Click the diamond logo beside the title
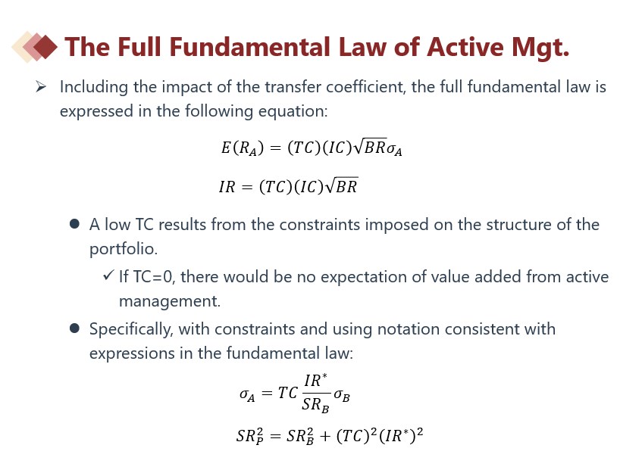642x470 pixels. (35, 47)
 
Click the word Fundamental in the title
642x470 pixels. (250, 47)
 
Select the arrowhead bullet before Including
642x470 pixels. (40, 86)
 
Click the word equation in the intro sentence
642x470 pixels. (293, 111)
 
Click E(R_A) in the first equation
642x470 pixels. (243, 148)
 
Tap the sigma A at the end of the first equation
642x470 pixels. (394, 149)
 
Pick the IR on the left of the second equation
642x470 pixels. (227, 187)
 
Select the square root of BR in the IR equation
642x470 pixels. (342, 185)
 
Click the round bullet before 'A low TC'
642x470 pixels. (74, 224)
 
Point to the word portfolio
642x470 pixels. (124, 249)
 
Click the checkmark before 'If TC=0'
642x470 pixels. (108, 275)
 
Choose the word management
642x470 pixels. (170, 301)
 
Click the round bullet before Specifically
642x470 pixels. (74, 328)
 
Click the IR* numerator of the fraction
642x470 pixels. (315, 381)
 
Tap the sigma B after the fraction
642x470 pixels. (342, 395)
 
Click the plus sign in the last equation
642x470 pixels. (325, 436)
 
